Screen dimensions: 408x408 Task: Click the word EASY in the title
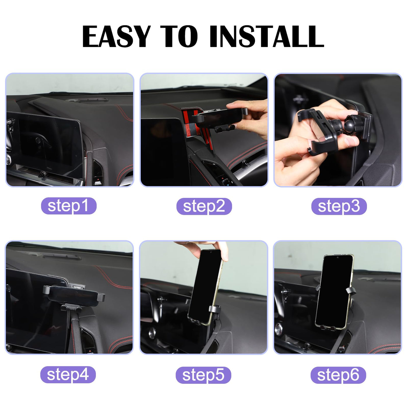tap(116, 36)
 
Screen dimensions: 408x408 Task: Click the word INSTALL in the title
tap(267, 36)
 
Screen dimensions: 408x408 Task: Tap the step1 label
tap(68, 206)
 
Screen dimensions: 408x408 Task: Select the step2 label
tap(204, 206)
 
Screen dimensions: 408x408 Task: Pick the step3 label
tap(339, 206)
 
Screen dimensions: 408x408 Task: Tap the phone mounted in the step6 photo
tap(334, 292)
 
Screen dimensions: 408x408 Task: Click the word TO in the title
tap(179, 36)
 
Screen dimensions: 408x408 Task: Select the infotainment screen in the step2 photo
tap(165, 152)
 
